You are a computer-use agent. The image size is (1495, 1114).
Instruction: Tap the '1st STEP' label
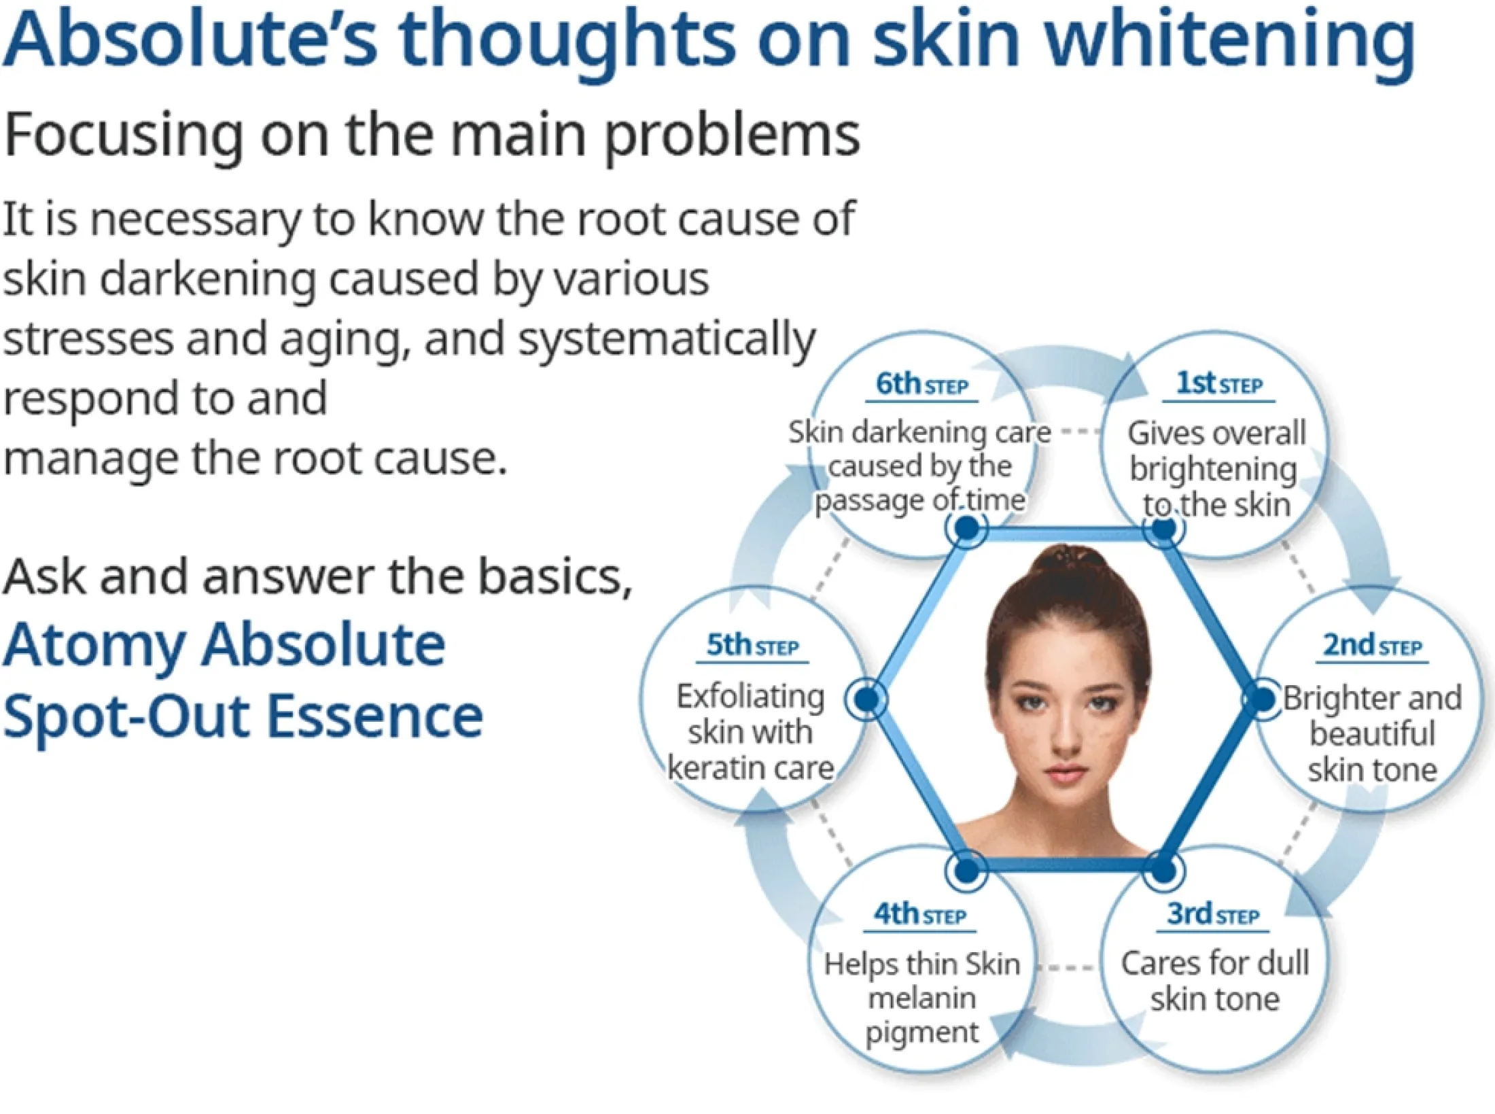coord(1219,384)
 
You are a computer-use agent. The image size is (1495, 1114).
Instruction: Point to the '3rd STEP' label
coord(1214,914)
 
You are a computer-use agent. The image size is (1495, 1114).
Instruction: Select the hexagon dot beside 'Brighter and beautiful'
coord(1263,699)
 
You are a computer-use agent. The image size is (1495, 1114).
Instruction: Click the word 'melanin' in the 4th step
coord(922,998)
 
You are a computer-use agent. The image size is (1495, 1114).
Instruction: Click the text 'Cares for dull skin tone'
coord(1215,981)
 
